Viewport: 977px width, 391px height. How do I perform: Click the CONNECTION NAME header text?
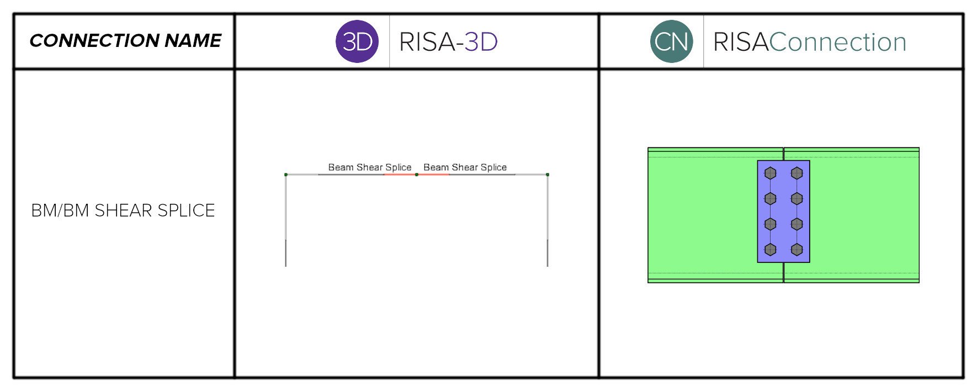click(125, 40)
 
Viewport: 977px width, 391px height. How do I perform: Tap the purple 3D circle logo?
click(357, 41)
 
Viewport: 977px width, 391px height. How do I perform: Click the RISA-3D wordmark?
click(448, 42)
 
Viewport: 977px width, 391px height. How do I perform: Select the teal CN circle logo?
click(671, 41)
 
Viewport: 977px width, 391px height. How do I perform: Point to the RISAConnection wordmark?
click(809, 42)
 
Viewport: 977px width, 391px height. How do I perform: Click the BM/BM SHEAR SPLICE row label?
click(123, 210)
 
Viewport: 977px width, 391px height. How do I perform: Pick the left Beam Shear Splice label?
click(369, 167)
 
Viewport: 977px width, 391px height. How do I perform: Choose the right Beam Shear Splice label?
click(465, 167)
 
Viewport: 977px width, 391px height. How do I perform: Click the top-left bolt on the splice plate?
click(771, 173)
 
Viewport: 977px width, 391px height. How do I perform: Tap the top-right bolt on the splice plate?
click(797, 173)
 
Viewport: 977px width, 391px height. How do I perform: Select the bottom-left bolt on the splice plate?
click(771, 250)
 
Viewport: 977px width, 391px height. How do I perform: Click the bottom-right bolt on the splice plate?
click(797, 250)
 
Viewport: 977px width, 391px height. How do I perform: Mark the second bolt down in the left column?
click(771, 199)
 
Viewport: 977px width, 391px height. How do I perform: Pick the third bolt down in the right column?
click(797, 224)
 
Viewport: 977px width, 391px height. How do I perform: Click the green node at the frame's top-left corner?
click(286, 175)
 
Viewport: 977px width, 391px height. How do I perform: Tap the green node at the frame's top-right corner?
click(548, 175)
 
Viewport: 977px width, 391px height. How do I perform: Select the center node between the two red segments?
click(417, 175)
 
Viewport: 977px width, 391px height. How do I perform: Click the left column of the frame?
click(286, 221)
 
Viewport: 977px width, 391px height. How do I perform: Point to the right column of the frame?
click(548, 221)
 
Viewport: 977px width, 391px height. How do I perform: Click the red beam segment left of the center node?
click(400, 175)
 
